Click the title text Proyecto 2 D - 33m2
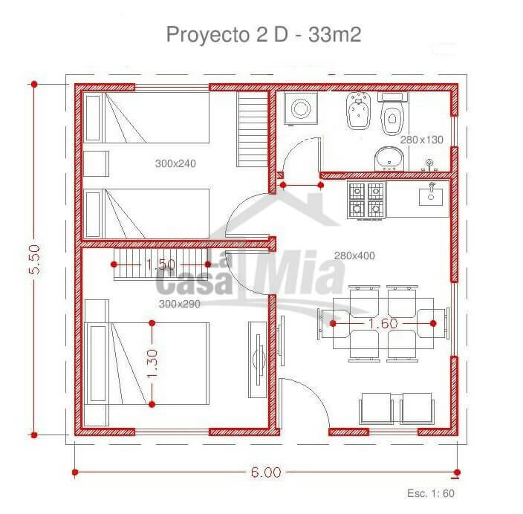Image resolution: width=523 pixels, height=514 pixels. coord(264,34)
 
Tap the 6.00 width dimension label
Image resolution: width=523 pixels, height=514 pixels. coord(266,472)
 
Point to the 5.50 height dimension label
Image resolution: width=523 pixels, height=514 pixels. coord(34,259)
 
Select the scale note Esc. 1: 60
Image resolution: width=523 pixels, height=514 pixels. coord(431,493)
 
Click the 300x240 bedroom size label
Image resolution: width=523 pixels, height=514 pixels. coord(175,163)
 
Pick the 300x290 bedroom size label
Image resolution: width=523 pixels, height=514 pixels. coord(180,304)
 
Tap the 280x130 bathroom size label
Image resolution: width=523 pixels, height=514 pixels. coord(422,140)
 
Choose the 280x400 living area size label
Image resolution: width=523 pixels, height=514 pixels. coord(354,256)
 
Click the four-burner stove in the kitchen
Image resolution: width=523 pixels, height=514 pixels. coord(366,200)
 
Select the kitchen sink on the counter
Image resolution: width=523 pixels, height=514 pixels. coord(431,197)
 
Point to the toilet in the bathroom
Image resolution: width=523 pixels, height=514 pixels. coord(392,113)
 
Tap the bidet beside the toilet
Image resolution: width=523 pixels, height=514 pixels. coord(359,111)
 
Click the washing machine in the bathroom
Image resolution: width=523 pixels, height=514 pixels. coord(301,108)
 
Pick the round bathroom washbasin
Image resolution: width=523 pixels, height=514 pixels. coord(389,159)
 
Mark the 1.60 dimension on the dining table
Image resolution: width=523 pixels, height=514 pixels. coord(383,323)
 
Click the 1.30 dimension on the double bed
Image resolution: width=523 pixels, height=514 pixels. coord(152,363)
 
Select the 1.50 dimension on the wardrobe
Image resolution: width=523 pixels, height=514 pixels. coord(160,264)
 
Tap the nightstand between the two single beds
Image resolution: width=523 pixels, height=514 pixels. coord(96,163)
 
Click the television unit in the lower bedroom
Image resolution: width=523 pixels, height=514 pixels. coord(258,360)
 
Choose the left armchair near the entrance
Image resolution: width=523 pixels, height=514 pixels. coord(376,409)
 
